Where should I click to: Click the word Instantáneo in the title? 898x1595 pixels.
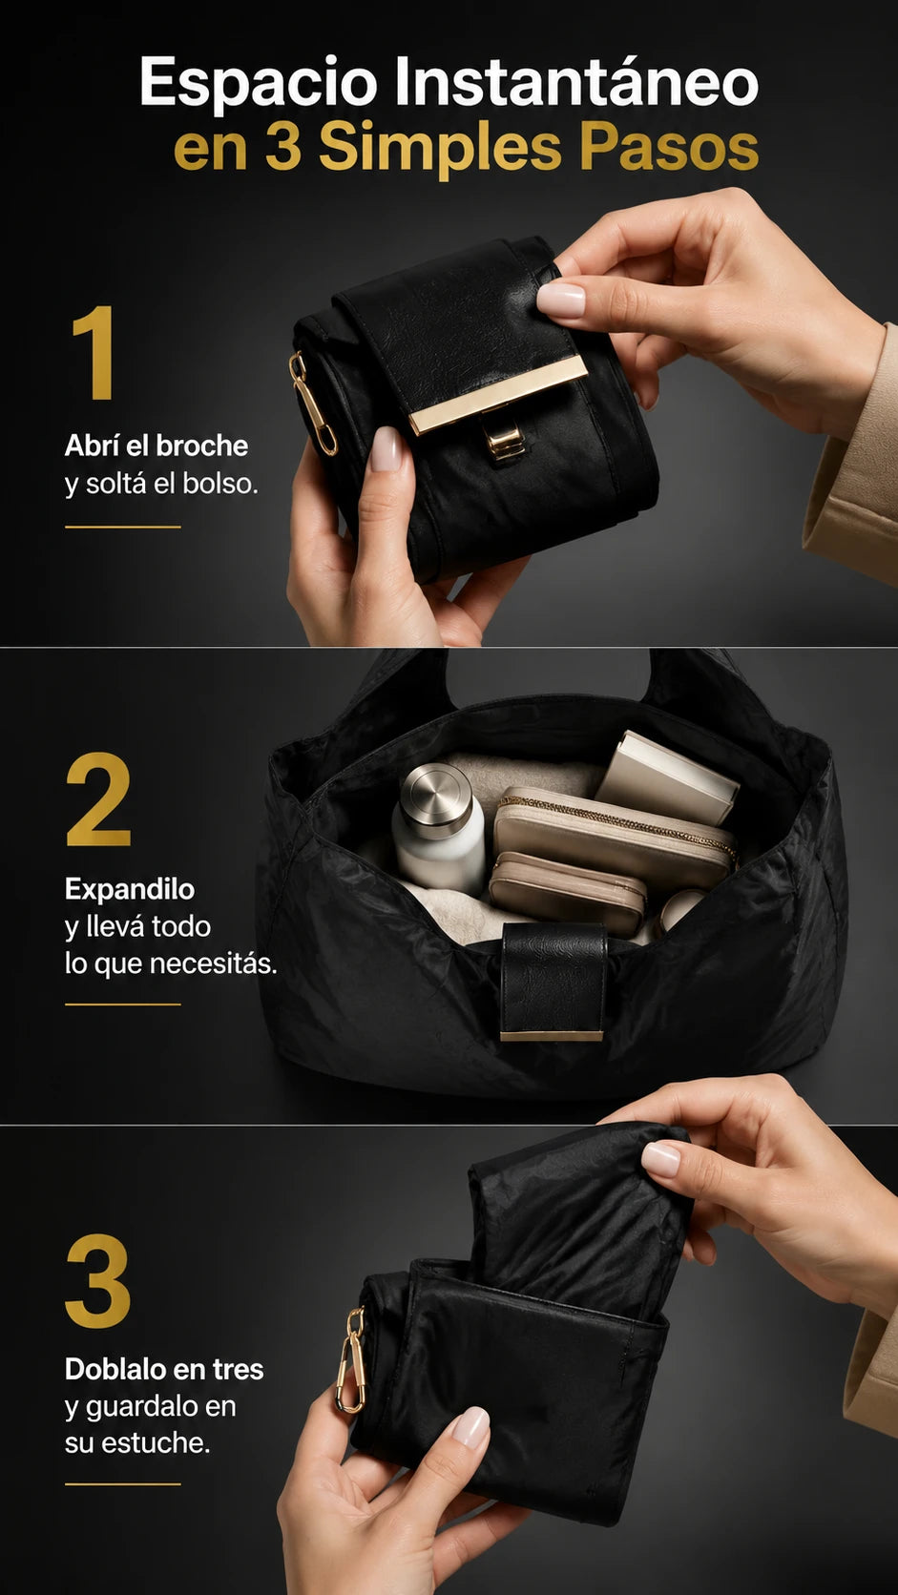(576, 81)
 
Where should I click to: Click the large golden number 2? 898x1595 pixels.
(98, 798)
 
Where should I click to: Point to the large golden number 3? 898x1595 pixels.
(97, 1280)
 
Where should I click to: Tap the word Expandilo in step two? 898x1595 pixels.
(130, 890)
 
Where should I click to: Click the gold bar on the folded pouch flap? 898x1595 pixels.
(498, 394)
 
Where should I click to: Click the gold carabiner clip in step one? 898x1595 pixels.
(312, 403)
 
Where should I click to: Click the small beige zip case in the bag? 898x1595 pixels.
(568, 891)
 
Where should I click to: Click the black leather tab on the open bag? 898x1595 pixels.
(553, 982)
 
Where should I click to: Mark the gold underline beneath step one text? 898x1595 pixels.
(122, 527)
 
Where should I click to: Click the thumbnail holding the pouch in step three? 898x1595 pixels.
(470, 1426)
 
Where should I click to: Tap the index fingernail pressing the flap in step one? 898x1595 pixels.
(560, 300)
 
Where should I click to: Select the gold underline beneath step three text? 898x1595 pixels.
(122, 1484)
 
